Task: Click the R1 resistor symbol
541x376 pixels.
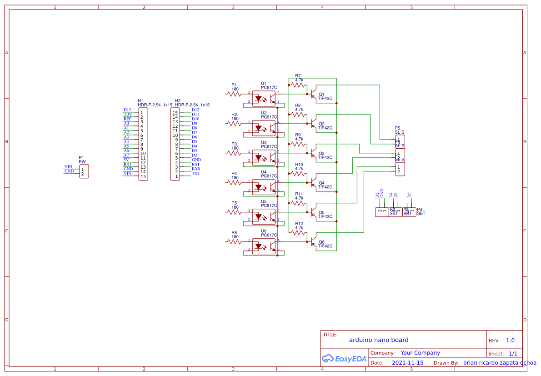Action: point(235,94)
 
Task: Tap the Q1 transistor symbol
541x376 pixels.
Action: point(313,94)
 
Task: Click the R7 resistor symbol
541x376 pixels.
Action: point(299,85)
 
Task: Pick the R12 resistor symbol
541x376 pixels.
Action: point(299,232)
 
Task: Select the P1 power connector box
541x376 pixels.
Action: point(84,171)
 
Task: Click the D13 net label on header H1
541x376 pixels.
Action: point(127,110)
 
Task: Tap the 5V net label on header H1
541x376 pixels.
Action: point(126,160)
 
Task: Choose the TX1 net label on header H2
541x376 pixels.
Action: point(195,173)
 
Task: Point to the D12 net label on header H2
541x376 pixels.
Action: point(195,110)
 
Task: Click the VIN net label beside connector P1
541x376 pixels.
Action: point(69,166)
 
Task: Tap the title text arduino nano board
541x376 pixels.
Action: point(379,340)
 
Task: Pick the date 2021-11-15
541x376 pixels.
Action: point(407,363)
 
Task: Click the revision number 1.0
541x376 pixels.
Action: point(510,341)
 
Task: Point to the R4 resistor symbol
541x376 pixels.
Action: point(235,182)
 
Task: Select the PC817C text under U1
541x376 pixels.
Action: point(269,87)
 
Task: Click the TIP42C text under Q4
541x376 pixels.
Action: point(325,187)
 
